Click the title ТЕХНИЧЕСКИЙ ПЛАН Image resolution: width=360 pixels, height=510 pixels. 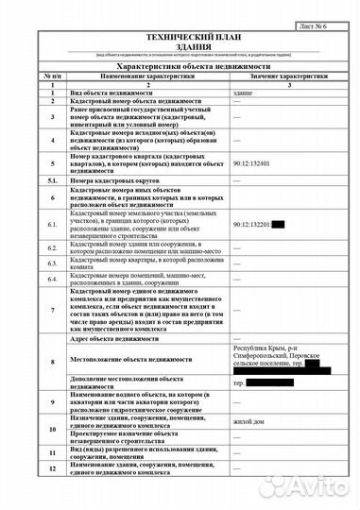179,34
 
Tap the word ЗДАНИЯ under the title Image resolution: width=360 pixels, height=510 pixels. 179,44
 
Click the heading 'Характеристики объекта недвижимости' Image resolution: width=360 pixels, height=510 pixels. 179,68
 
